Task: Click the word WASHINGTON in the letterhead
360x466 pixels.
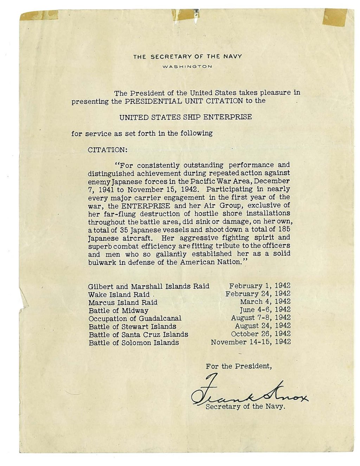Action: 187,66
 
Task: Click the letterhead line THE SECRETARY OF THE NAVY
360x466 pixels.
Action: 187,57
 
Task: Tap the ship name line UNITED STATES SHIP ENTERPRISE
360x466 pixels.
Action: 186,117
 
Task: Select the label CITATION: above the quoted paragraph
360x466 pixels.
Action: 107,149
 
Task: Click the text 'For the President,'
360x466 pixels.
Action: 239,366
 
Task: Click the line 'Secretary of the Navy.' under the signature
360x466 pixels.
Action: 245,407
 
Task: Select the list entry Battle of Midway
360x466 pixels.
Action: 118,311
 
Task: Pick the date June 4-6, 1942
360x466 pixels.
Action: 265,310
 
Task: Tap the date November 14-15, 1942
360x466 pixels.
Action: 251,342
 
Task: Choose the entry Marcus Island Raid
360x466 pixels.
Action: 123,302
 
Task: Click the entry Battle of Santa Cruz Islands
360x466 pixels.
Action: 138,334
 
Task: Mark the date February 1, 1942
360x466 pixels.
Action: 260,286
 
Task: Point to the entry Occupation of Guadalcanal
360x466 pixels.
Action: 135,319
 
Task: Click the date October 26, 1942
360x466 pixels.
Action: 261,334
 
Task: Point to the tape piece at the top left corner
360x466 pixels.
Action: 39,15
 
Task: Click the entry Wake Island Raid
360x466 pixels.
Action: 119,295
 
